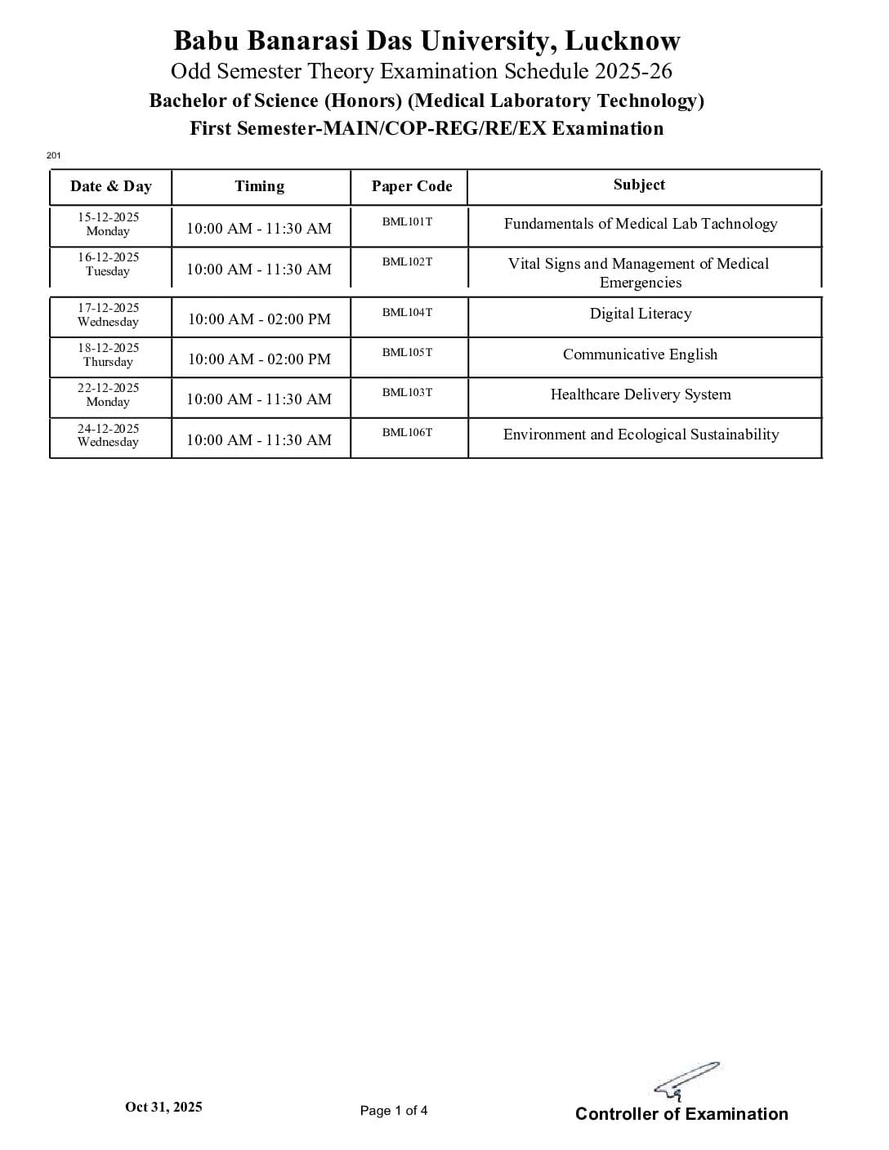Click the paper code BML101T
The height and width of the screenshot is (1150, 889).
(x=407, y=221)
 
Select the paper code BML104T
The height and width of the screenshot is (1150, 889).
(x=407, y=312)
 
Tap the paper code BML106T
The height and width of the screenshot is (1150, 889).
(x=407, y=432)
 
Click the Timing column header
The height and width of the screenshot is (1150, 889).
(x=260, y=186)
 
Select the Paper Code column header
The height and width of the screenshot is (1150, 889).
(x=411, y=186)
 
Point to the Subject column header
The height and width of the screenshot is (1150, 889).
(x=639, y=185)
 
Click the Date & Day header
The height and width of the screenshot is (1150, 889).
(x=111, y=186)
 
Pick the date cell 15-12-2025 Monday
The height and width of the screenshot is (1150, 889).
(x=109, y=224)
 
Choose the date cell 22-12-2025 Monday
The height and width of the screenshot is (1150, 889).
(x=109, y=394)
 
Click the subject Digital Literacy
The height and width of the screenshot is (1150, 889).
(x=641, y=314)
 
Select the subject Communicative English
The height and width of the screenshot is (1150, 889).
(x=640, y=354)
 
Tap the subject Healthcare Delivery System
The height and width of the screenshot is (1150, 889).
(x=641, y=394)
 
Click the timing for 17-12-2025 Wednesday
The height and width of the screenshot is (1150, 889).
(x=259, y=319)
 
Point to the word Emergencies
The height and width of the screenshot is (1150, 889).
(x=641, y=283)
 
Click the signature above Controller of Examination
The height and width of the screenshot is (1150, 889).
(x=686, y=1081)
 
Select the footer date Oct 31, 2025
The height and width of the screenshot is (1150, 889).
(x=163, y=1107)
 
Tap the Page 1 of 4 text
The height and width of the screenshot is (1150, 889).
(x=394, y=1111)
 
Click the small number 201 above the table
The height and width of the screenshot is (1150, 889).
(x=54, y=155)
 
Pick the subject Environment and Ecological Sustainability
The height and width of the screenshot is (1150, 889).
(x=641, y=435)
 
